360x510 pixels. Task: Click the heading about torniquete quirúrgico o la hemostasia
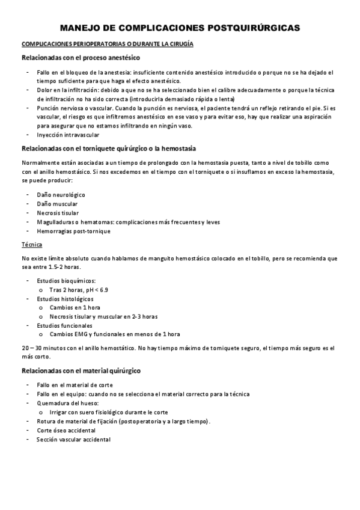pyautogui.click(x=108, y=148)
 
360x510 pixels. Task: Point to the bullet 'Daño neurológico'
pyautogui.click(x=61, y=195)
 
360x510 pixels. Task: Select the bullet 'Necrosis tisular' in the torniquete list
pyautogui.click(x=57, y=213)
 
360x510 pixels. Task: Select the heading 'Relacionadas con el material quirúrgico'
pyautogui.click(x=81, y=370)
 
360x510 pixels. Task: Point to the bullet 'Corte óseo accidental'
pyautogui.click(x=66, y=431)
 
